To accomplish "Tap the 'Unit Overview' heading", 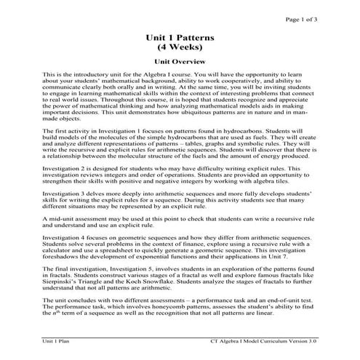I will [x=180, y=63].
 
